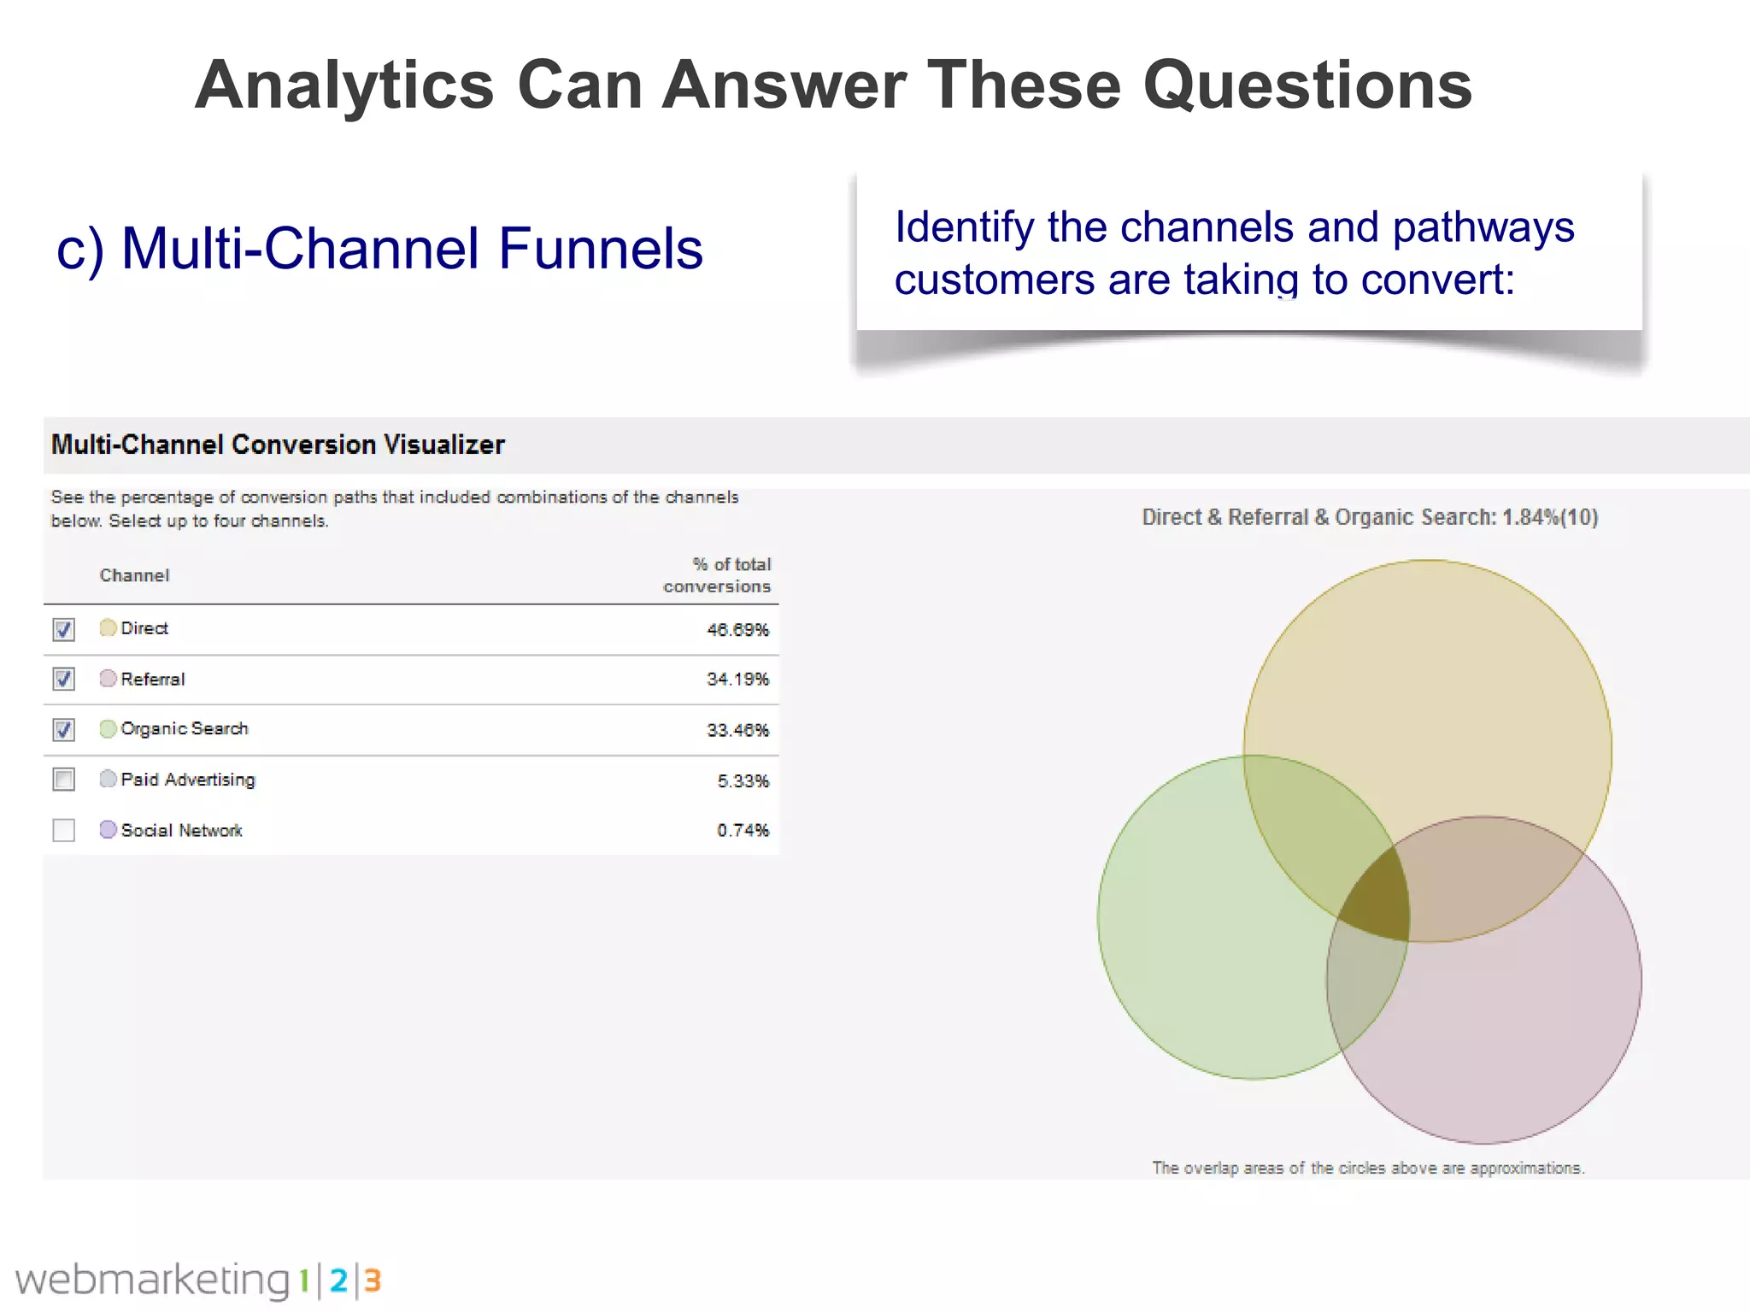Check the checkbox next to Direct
point(64,629)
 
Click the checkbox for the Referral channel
point(64,679)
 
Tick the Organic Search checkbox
point(64,729)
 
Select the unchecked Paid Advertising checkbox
point(64,780)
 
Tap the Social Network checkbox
point(64,830)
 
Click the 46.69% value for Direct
point(737,630)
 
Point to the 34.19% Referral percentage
point(737,680)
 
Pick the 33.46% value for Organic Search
point(737,730)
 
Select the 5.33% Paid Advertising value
point(743,780)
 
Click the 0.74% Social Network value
point(743,830)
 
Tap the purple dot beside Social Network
point(108,829)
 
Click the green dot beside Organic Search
point(108,728)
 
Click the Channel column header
point(134,575)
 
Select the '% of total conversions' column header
point(719,575)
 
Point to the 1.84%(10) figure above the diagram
point(1550,517)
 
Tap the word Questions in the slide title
point(1307,85)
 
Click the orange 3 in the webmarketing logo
point(372,1281)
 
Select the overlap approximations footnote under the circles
point(1368,1168)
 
